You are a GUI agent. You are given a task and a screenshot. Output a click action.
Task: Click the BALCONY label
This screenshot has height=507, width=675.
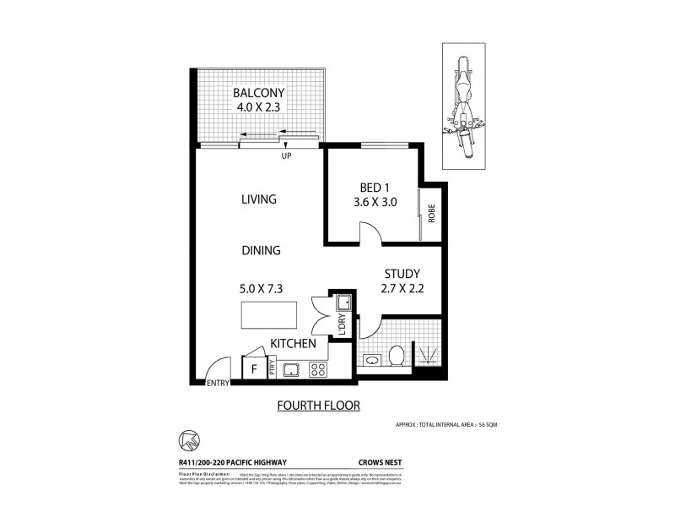[260, 92]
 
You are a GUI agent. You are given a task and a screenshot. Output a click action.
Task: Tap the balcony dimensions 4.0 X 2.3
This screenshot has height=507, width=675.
[260, 107]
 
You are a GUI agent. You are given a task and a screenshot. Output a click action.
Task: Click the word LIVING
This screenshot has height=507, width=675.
[259, 199]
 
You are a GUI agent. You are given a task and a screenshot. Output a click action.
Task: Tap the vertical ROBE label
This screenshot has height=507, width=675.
[430, 214]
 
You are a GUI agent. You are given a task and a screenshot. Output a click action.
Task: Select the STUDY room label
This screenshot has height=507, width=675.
[402, 274]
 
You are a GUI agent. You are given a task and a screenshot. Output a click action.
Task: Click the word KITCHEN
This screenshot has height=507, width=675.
[293, 344]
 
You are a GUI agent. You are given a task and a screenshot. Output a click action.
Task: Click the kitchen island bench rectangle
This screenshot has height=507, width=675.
[268, 314]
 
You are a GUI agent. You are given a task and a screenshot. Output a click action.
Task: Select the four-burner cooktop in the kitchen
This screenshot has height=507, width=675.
[318, 369]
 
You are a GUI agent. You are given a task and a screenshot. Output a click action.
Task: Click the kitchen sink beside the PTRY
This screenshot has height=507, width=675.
[292, 369]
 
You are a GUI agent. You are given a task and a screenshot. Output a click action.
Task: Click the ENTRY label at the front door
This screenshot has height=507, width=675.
[218, 384]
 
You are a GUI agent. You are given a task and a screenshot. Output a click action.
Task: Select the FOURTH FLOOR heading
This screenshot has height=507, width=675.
[319, 406]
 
